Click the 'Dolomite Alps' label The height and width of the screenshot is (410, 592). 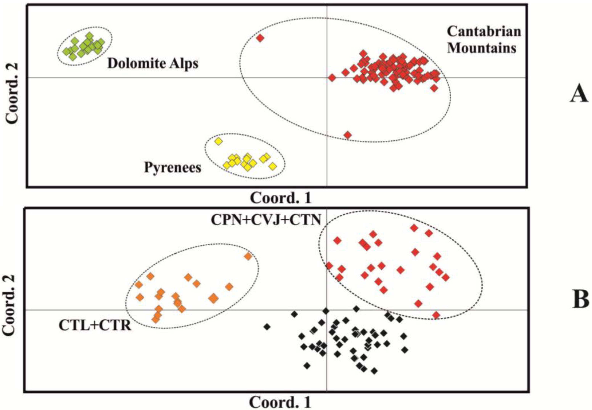pos(153,63)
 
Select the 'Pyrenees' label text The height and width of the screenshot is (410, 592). pos(173,168)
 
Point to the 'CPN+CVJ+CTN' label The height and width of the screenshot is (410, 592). pos(266,220)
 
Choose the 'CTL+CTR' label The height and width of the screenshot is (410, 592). pos(95,325)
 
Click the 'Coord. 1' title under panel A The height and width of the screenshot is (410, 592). pos(281,198)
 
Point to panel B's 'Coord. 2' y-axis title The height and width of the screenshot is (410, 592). pos(10,305)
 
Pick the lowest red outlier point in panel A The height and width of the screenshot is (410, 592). pos(348,135)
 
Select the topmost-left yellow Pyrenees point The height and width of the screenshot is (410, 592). pos(218,141)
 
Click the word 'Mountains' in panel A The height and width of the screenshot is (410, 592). pos(482,48)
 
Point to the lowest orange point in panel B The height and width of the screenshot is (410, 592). pos(155,320)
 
